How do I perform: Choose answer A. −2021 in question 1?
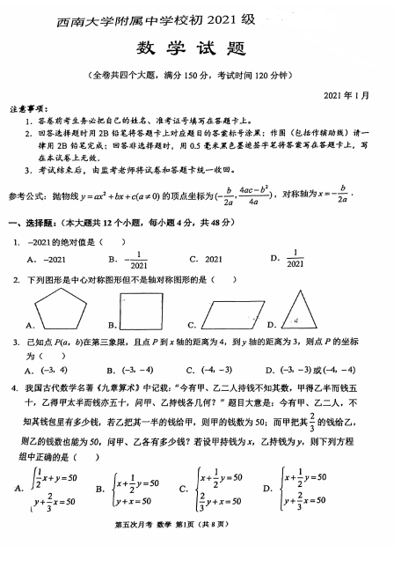(46, 260)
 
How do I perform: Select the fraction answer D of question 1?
(294, 260)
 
